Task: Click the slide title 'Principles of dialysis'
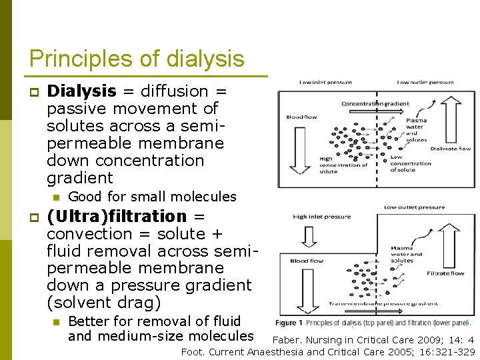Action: pyautogui.click(x=137, y=59)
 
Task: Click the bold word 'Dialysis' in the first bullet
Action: pyautogui.click(x=82, y=91)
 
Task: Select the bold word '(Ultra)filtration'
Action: pyautogui.click(x=117, y=216)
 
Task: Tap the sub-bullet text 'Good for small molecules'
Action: pyautogui.click(x=152, y=197)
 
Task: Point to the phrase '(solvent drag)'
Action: pyautogui.click(x=104, y=303)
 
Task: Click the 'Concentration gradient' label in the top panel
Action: pyautogui.click(x=375, y=103)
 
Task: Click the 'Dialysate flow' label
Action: pyautogui.click(x=450, y=149)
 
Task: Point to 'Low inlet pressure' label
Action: pyautogui.click(x=325, y=83)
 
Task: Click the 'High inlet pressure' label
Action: pyautogui.click(x=321, y=217)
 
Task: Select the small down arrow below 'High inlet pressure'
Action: pyautogui.click(x=309, y=236)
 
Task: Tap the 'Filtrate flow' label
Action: pyautogui.click(x=446, y=273)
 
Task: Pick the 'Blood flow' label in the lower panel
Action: pyautogui.click(x=307, y=261)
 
